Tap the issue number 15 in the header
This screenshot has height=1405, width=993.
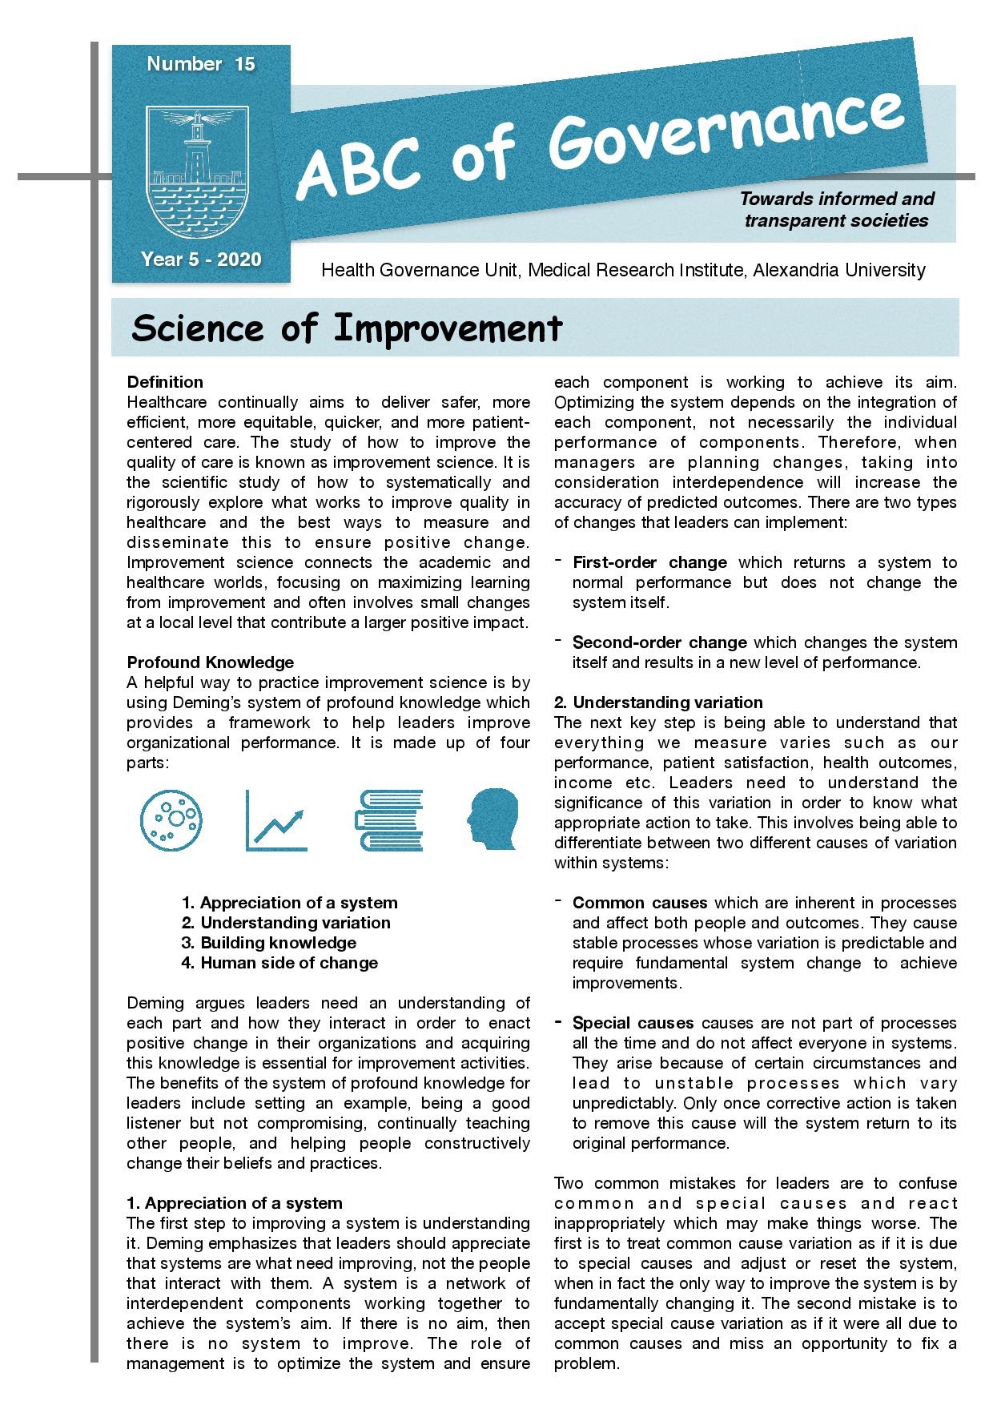[245, 65]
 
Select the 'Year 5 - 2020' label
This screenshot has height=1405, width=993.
[201, 259]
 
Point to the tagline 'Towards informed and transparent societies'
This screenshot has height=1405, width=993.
[837, 209]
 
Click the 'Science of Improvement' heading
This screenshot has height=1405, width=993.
[347, 328]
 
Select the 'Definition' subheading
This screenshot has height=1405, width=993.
[165, 381]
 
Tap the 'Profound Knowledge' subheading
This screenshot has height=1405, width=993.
[210, 662]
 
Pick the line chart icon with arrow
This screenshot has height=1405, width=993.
[276, 820]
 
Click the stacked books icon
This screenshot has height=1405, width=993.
[387, 820]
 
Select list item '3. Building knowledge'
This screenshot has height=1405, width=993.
[268, 942]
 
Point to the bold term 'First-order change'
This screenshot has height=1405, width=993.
[649, 562]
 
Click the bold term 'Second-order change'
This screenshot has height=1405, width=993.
[659, 642]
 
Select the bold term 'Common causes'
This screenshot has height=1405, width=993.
[640, 902]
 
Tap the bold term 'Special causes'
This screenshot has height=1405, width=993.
[633, 1022]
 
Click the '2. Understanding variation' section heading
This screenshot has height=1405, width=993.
[658, 702]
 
